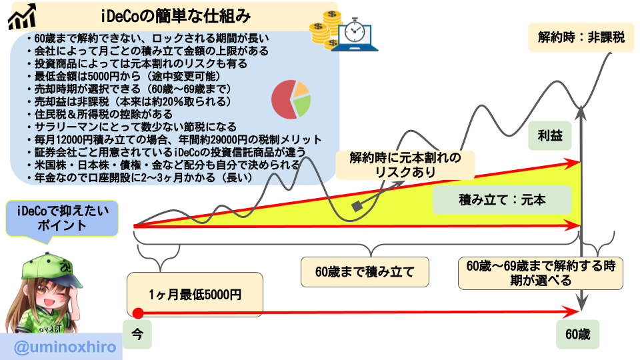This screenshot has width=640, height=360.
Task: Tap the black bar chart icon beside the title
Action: coord(21,17)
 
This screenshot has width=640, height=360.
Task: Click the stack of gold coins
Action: coord(325,28)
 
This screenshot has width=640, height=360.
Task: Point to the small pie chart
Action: coord(291,99)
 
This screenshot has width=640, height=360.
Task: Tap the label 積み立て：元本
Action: coord(502,200)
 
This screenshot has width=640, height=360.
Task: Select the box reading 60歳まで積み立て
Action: coord(364,272)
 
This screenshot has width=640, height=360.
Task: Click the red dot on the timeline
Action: coord(138,313)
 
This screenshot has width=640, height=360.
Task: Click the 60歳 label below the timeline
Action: coord(577,334)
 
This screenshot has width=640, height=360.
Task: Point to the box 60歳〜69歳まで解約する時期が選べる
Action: coord(541,273)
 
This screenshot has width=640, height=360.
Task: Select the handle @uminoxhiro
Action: coord(59,347)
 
